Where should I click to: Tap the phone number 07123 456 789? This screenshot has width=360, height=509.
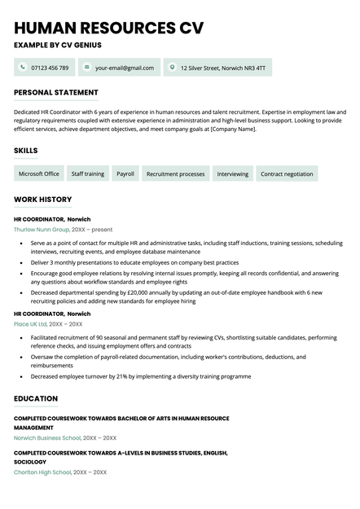tap(50, 68)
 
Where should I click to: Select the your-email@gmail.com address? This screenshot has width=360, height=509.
tap(124, 68)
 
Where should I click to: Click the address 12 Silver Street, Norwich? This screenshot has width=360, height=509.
tap(222, 68)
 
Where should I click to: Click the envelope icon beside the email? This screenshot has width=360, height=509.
tap(86, 68)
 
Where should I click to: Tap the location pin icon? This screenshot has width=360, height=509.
tap(172, 68)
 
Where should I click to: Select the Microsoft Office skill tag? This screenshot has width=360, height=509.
tap(39, 173)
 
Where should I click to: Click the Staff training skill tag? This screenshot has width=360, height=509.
tap(87, 173)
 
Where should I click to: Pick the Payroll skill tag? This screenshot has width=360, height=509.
tap(125, 173)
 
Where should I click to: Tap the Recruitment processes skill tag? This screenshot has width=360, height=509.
tap(175, 173)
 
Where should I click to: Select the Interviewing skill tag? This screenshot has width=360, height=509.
tap(233, 173)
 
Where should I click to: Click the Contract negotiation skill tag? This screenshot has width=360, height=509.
tap(287, 173)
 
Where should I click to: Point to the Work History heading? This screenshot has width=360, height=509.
tap(43, 200)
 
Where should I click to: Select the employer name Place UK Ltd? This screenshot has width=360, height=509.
tap(31, 324)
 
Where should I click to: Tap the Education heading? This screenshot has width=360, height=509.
tap(36, 398)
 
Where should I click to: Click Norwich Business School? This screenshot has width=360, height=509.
tap(47, 437)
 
